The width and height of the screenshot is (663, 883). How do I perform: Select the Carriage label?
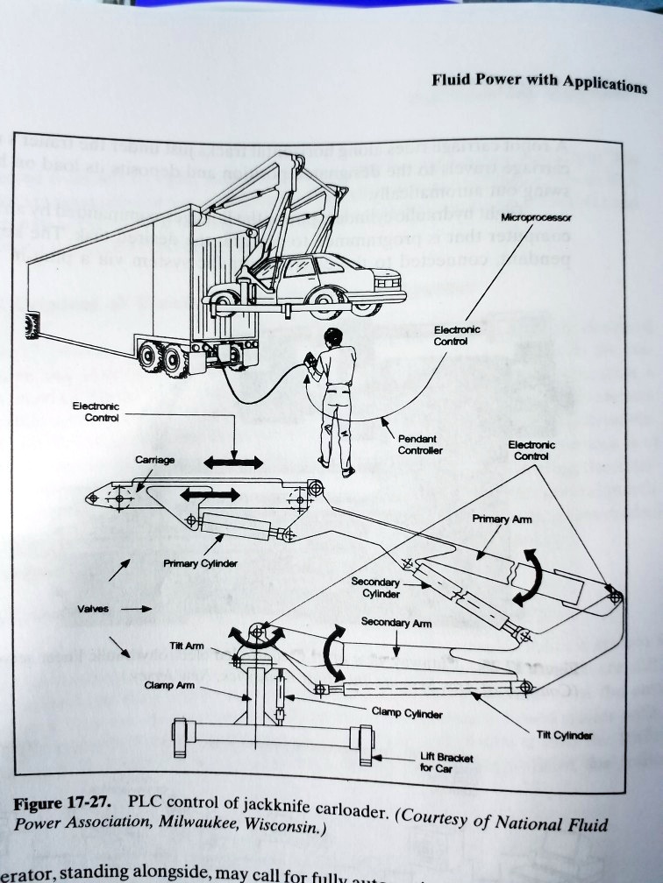click(x=154, y=460)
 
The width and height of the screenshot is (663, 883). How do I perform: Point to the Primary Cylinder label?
click(x=200, y=563)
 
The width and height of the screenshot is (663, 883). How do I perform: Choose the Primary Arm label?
click(x=502, y=519)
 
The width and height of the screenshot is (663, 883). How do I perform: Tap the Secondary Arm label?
click(x=396, y=623)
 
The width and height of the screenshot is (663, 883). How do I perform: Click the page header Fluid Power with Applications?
click(x=538, y=83)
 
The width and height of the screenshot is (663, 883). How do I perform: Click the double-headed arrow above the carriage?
click(x=233, y=461)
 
